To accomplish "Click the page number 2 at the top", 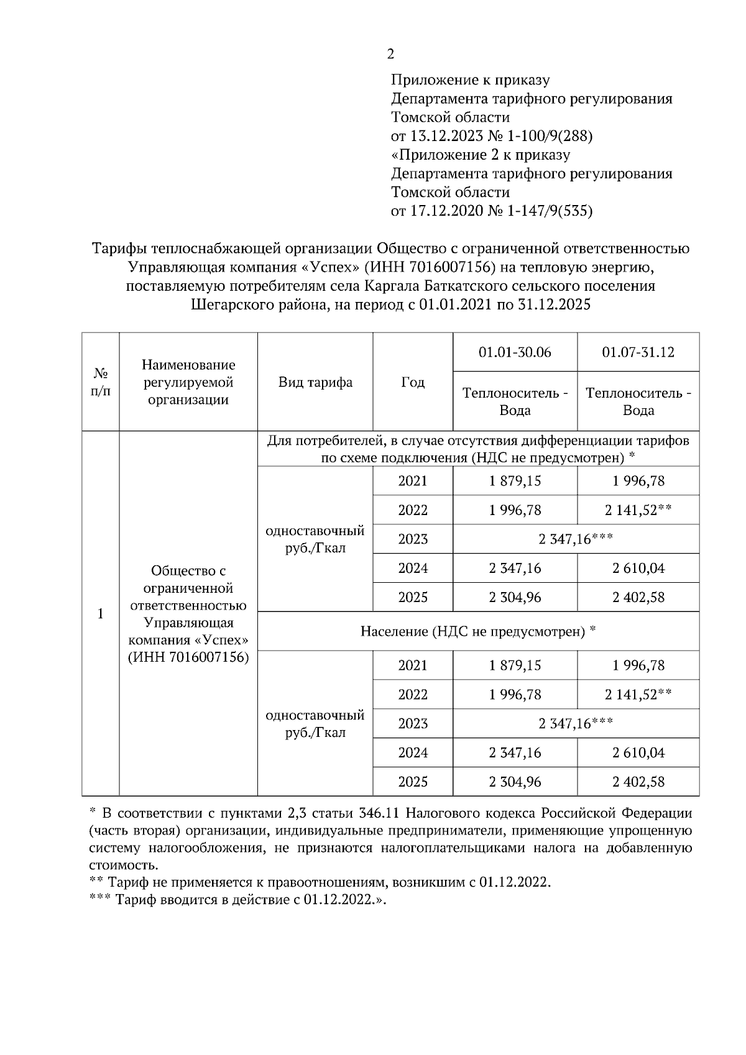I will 390,55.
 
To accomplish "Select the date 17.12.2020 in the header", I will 443,211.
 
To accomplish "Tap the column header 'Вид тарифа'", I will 315,382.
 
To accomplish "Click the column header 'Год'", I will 413,382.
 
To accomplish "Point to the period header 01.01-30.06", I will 515,352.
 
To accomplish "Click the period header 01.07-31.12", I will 638,352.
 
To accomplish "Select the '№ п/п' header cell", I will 101,382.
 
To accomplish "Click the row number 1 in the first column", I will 101,613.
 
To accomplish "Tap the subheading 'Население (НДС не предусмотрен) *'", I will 478,632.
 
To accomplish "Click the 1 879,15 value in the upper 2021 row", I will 515,481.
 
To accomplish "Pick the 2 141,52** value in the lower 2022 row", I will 638,695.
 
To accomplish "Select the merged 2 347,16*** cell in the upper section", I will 576,539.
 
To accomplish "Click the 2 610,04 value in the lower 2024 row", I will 638,753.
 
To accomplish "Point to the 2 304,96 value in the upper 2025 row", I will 515,598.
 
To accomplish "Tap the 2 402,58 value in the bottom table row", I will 638,782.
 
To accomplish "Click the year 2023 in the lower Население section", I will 413,724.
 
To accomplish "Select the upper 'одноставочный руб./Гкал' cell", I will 315,539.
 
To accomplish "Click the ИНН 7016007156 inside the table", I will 188,658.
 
